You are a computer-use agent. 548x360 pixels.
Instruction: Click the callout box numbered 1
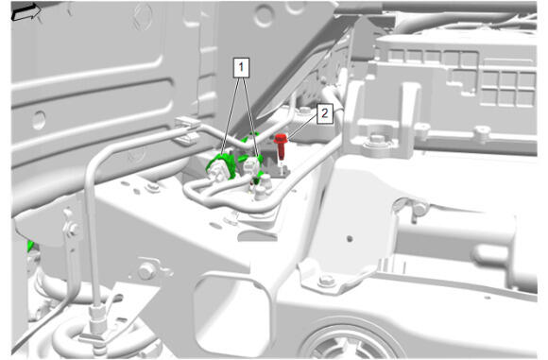[x=241, y=67]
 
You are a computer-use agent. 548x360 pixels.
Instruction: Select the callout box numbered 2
[x=325, y=113]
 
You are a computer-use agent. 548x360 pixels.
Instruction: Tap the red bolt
[x=281, y=146]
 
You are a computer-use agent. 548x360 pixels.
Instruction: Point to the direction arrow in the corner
[x=26, y=11]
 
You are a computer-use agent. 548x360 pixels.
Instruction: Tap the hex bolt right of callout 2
[x=376, y=140]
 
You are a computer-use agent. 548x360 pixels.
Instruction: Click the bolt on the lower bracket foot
[x=327, y=281]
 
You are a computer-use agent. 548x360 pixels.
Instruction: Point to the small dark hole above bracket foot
[x=349, y=239]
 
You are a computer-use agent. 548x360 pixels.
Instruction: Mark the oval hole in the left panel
[x=38, y=120]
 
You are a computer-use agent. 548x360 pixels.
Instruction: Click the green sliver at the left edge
[x=31, y=245]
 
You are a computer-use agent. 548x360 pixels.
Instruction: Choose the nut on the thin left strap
[x=73, y=230]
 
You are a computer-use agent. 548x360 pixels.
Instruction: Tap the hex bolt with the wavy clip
[x=146, y=270]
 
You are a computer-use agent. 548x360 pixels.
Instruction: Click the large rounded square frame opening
[x=231, y=310]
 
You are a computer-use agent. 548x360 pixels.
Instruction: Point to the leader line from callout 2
[x=303, y=129]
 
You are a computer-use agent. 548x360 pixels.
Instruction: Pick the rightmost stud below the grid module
[x=482, y=133]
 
